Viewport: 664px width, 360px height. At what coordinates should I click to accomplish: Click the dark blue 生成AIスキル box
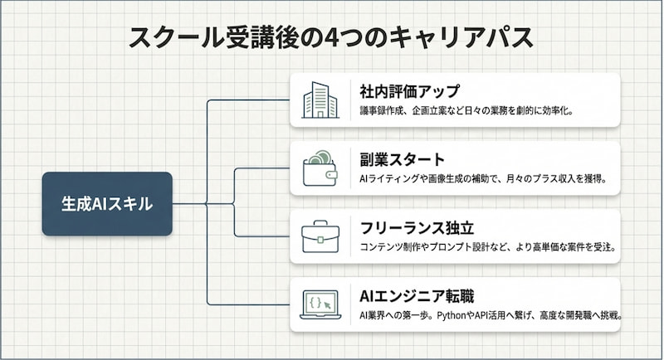pos(107,204)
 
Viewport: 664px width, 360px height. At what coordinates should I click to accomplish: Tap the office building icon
pos(320,100)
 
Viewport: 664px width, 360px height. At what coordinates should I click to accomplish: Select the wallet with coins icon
pos(320,168)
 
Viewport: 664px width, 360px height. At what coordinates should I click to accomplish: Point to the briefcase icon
pos(320,236)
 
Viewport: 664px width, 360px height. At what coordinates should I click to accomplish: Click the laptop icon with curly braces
pos(320,304)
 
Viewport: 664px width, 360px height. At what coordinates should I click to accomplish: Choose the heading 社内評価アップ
pos(409,91)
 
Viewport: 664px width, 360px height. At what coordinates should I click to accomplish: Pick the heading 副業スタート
pos(403,159)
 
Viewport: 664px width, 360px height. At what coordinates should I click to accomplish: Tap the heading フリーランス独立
pos(417,228)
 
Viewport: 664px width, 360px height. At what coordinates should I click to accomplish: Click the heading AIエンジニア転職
pos(417,296)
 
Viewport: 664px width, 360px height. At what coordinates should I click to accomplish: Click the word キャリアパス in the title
pos(461,37)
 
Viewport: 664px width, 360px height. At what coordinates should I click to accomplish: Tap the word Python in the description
pos(452,315)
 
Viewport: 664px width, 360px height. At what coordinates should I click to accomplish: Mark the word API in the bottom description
pos(481,315)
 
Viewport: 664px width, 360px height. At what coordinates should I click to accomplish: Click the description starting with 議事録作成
pos(466,111)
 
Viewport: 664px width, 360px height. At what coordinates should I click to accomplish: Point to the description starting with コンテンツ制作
pos(488,247)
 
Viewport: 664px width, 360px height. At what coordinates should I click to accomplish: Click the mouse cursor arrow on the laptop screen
pos(327,305)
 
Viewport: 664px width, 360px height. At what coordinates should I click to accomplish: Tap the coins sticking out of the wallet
pos(320,158)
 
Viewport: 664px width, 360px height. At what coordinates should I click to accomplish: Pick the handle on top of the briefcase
pos(320,223)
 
